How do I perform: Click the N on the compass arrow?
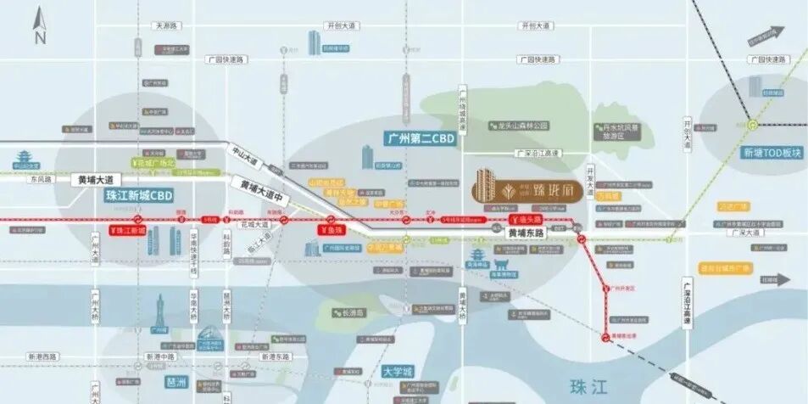(x=39, y=36)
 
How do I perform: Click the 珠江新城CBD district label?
(x=139, y=195)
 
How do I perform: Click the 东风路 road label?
(x=39, y=179)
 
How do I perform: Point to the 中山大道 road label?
(x=244, y=157)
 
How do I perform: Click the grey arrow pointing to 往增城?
(x=778, y=278)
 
